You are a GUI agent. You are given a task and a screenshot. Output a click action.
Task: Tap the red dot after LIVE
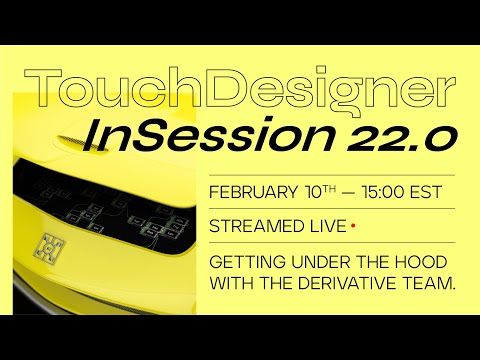(353, 226)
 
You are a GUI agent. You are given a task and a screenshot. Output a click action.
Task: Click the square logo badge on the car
(47, 242)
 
